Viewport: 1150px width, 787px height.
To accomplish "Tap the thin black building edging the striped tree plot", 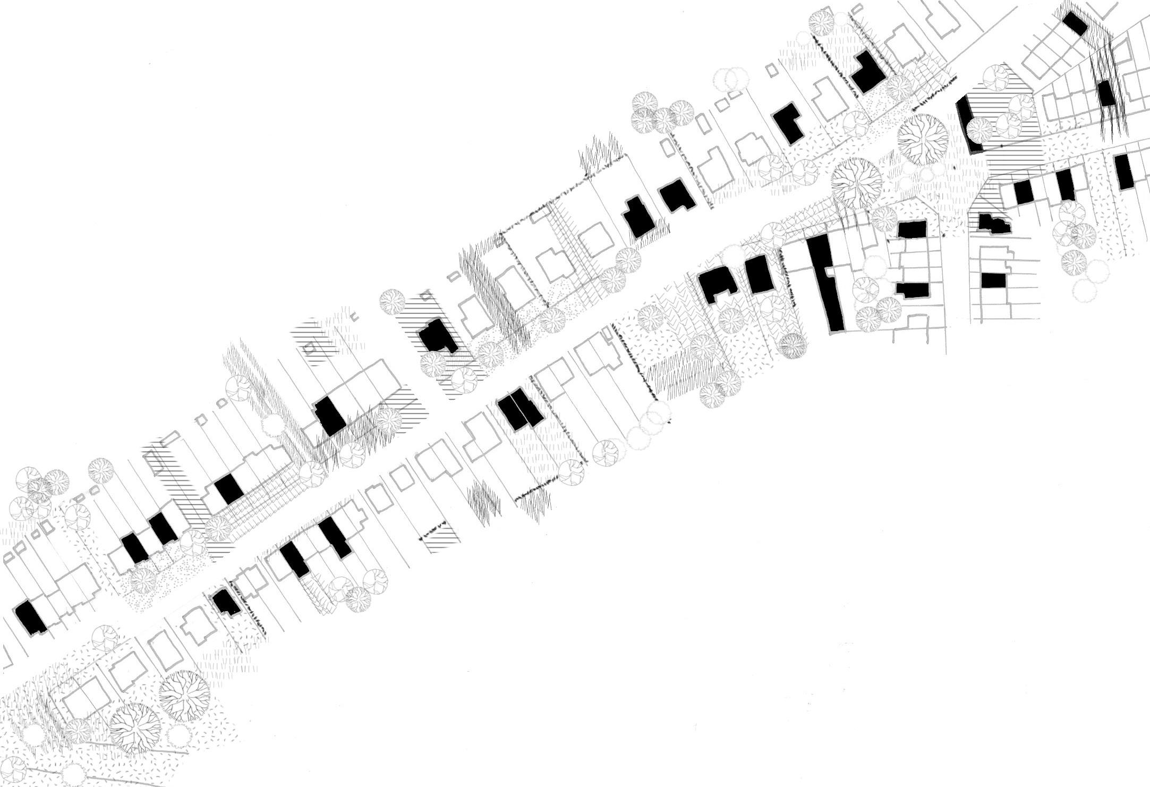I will pyautogui.click(x=968, y=125).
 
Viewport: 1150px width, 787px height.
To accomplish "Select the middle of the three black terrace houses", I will pyautogui.click(x=1064, y=185).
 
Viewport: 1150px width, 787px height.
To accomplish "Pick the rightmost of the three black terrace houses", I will pyautogui.click(x=1124, y=171).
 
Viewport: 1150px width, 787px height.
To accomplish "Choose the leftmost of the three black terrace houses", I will pyautogui.click(x=1023, y=192).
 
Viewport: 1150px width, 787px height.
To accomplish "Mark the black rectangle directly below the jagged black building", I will pyautogui.click(x=993, y=280).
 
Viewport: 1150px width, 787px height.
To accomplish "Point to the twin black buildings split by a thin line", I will pyautogui.click(x=521, y=409).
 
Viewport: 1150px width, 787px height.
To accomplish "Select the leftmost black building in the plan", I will pyautogui.click(x=31, y=617).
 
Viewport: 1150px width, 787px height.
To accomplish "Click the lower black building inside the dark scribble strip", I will pyautogui.click(x=1106, y=94).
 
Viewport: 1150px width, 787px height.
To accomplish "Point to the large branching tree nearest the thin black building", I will pyautogui.click(x=922, y=139).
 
